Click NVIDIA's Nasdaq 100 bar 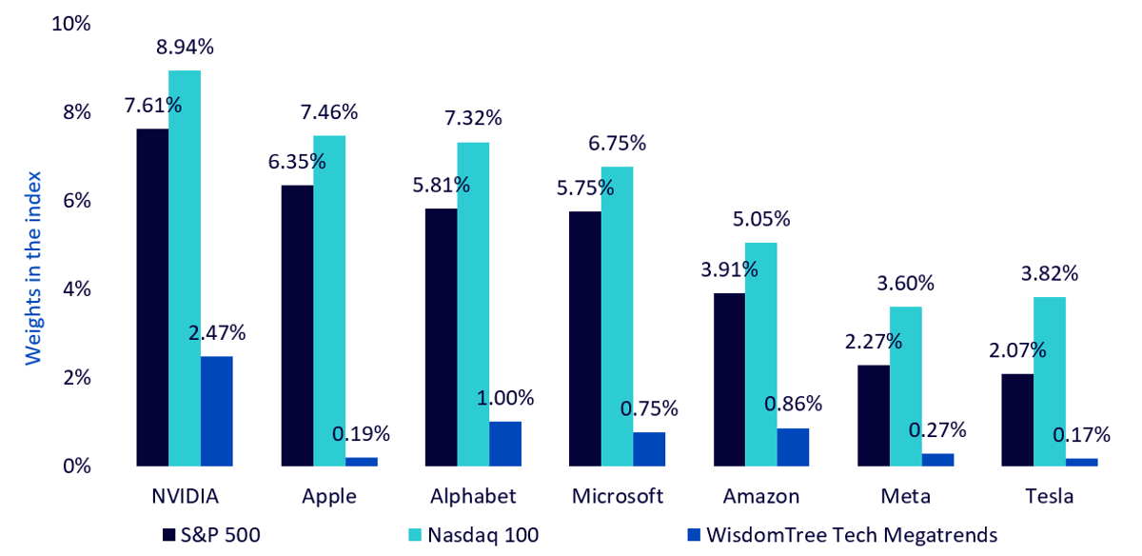pyautogui.click(x=185, y=268)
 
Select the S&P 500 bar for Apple pyautogui.click(x=297, y=326)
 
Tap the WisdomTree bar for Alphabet pyautogui.click(x=505, y=444)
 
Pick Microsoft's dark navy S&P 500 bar pyautogui.click(x=585, y=339)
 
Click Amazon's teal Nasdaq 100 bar pyautogui.click(x=761, y=354)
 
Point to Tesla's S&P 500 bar pyautogui.click(x=1017, y=420)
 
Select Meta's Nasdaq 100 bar pyautogui.click(x=906, y=387)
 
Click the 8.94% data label pyautogui.click(x=185, y=47)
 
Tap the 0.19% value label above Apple pyautogui.click(x=361, y=434)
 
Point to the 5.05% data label pyautogui.click(x=761, y=219)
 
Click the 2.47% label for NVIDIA pyautogui.click(x=217, y=333)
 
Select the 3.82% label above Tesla pyautogui.click(x=1050, y=274)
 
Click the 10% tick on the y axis pyautogui.click(x=70, y=24)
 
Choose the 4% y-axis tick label pyautogui.click(x=77, y=289)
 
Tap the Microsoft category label pyautogui.click(x=618, y=496)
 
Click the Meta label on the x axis pyautogui.click(x=905, y=496)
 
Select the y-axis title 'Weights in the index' pyautogui.click(x=33, y=268)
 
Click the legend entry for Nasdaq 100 pyautogui.click(x=474, y=535)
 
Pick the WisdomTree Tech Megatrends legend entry pyautogui.click(x=842, y=535)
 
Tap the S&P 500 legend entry pyautogui.click(x=211, y=535)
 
